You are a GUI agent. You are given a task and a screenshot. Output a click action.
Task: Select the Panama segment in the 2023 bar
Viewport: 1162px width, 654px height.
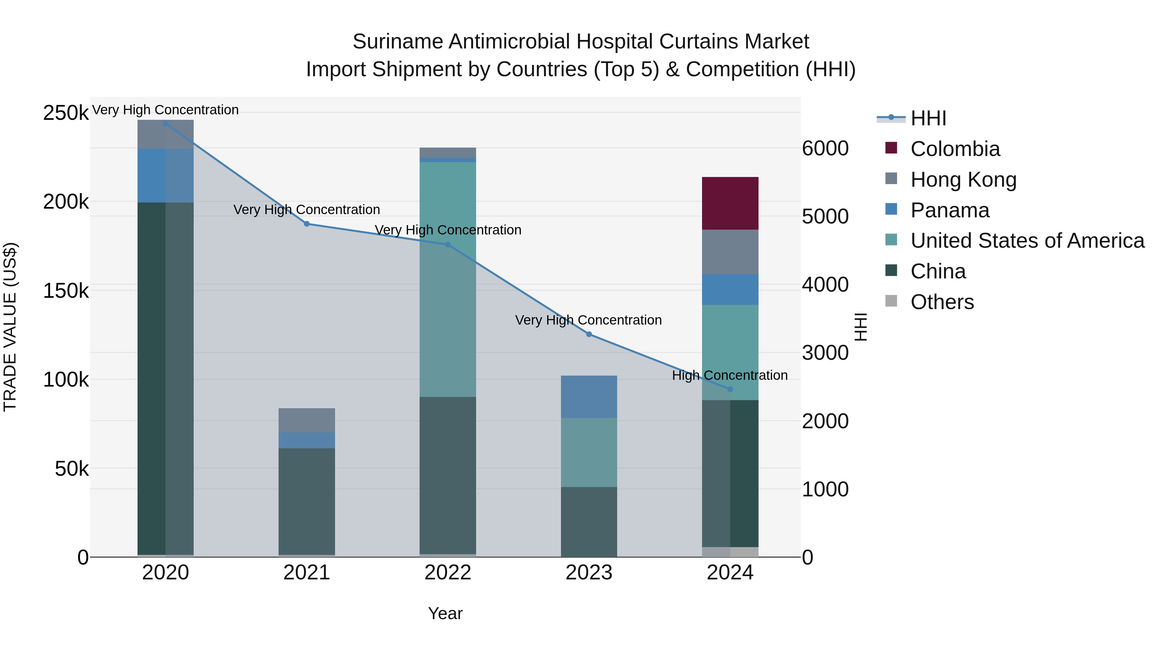click(x=589, y=396)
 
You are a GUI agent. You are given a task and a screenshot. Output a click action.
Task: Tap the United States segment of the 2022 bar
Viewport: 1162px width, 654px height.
click(x=447, y=279)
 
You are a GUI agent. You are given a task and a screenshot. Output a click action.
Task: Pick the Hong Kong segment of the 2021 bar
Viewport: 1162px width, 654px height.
click(x=306, y=420)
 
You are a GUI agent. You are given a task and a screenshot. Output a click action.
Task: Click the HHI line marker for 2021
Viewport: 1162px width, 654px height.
click(x=306, y=224)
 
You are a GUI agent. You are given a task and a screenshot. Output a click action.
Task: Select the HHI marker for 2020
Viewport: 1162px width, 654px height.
click(x=166, y=124)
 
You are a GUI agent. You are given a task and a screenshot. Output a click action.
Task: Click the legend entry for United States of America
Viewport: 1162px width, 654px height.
click(x=1027, y=241)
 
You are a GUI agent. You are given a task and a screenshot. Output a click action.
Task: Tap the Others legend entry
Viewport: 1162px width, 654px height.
click(x=942, y=302)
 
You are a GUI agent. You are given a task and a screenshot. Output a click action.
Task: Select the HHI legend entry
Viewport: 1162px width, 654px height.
click(x=928, y=118)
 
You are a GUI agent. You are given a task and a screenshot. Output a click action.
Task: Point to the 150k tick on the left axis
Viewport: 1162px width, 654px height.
click(x=66, y=291)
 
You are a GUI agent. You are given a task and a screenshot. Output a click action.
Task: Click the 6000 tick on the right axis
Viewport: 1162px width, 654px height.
click(x=825, y=149)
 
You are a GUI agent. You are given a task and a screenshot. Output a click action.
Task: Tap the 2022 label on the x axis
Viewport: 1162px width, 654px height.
click(x=447, y=573)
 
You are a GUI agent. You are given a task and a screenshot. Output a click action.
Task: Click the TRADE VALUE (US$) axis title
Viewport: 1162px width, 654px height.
click(x=10, y=327)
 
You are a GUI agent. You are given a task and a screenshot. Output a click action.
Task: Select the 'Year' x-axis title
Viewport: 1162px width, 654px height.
click(x=445, y=613)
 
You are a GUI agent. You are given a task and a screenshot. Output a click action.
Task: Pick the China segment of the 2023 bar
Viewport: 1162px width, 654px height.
click(x=589, y=522)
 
